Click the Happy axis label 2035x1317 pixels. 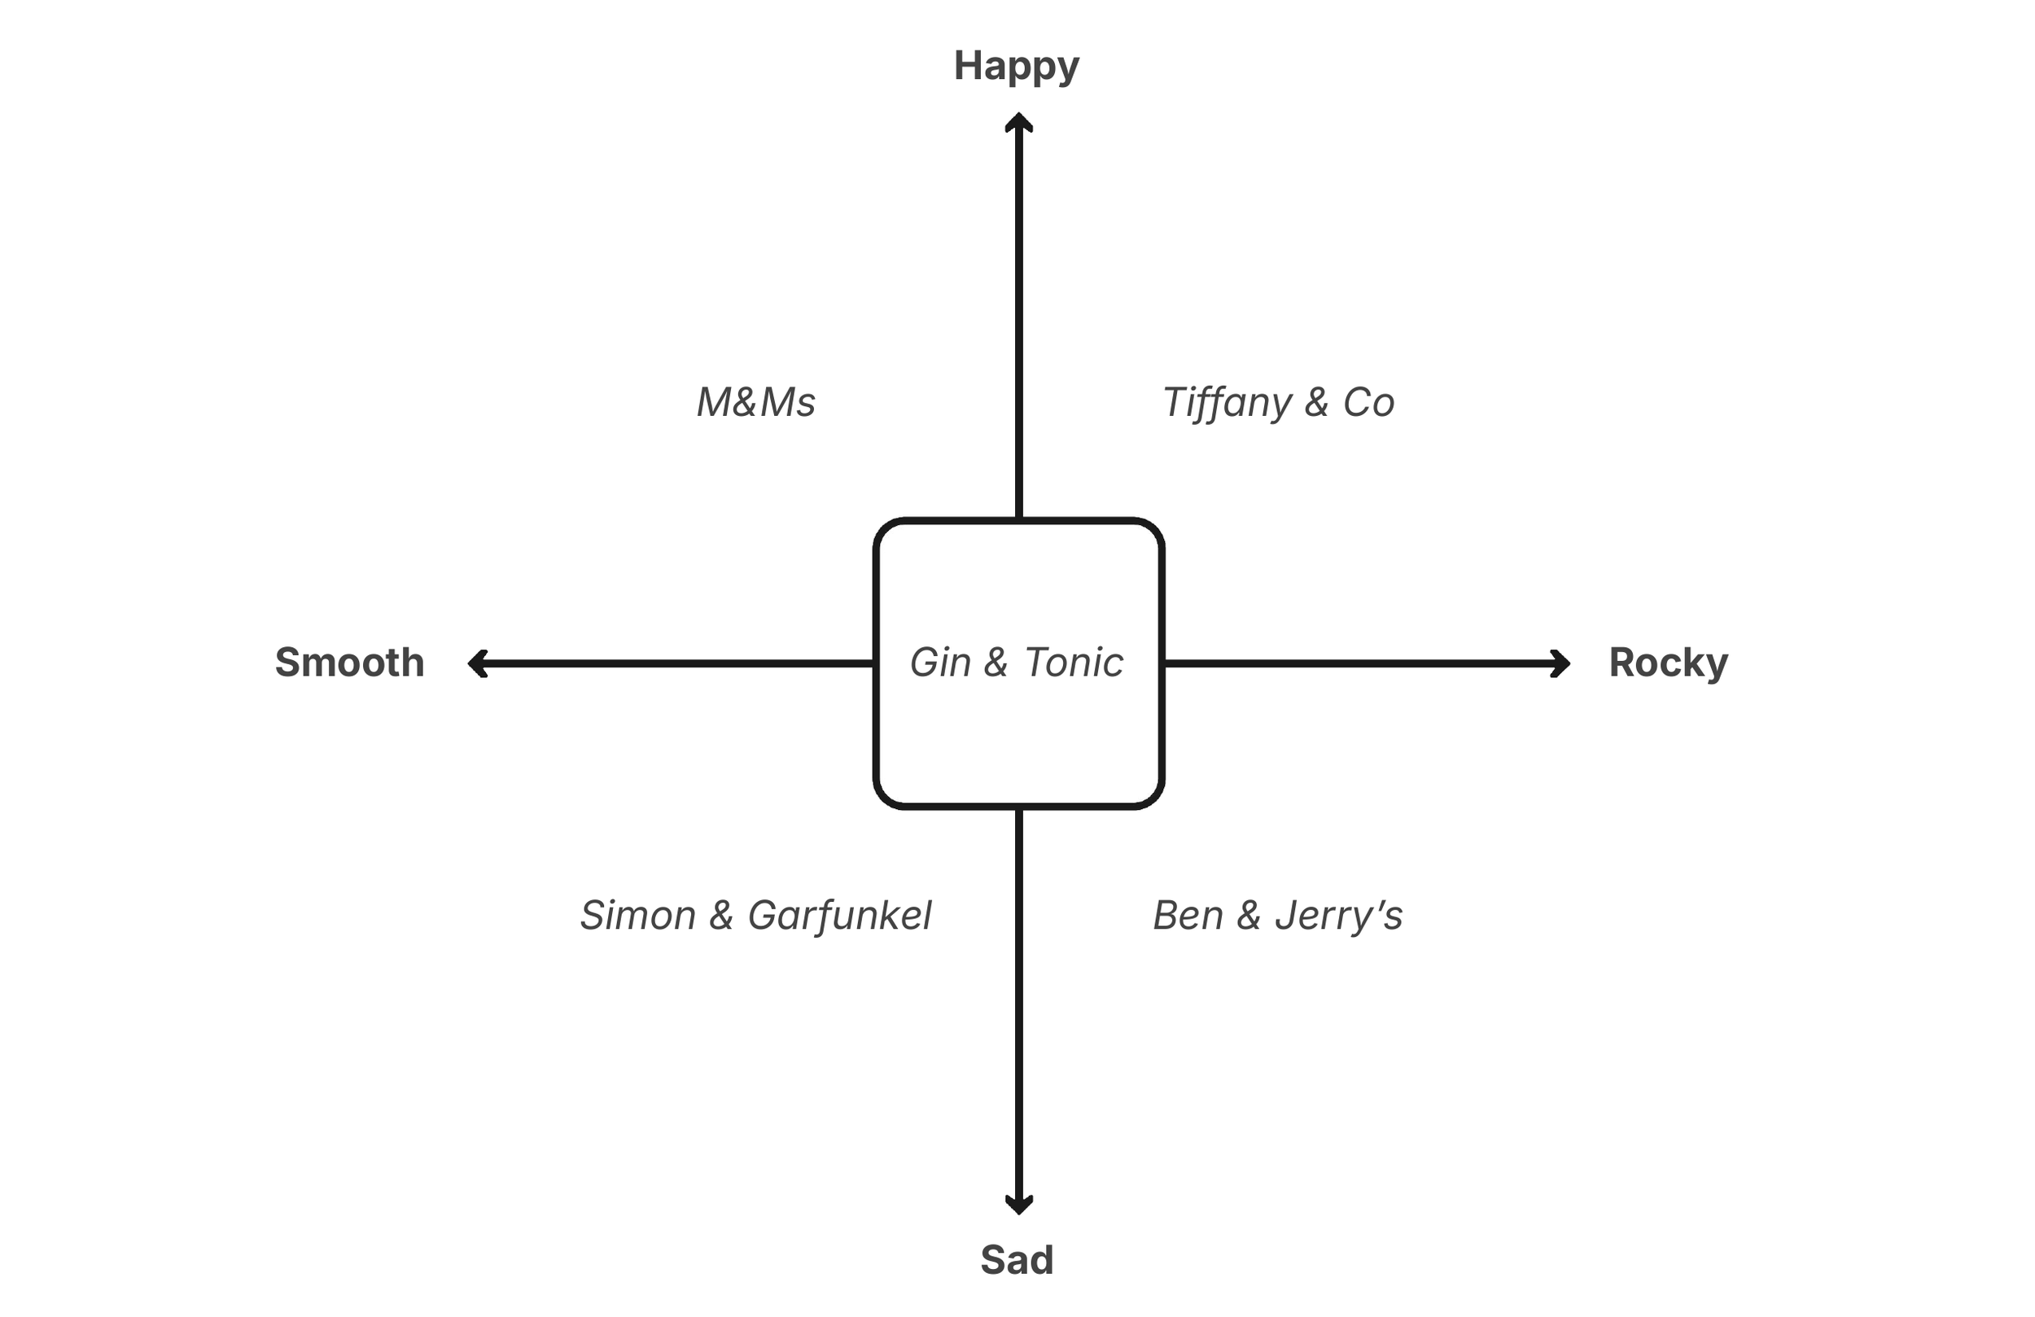1017,67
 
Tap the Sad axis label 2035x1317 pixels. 1017,1260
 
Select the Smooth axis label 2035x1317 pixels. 350,663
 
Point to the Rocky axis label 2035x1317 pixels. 1668,663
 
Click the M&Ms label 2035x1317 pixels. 756,402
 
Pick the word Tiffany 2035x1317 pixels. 1227,402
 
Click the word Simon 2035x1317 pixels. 638,915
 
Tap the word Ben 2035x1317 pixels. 1188,915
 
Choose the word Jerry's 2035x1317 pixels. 1338,915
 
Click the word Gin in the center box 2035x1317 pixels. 940,663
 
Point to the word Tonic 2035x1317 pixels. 1074,663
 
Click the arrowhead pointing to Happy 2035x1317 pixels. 1018,121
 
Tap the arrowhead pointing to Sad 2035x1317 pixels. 1018,1205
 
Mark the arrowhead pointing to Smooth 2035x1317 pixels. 477,663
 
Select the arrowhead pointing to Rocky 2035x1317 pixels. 1561,663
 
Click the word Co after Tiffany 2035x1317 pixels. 1369,402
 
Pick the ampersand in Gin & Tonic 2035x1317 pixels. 996,663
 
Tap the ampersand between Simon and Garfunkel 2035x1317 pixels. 722,915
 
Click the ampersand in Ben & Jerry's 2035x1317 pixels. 1249,915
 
